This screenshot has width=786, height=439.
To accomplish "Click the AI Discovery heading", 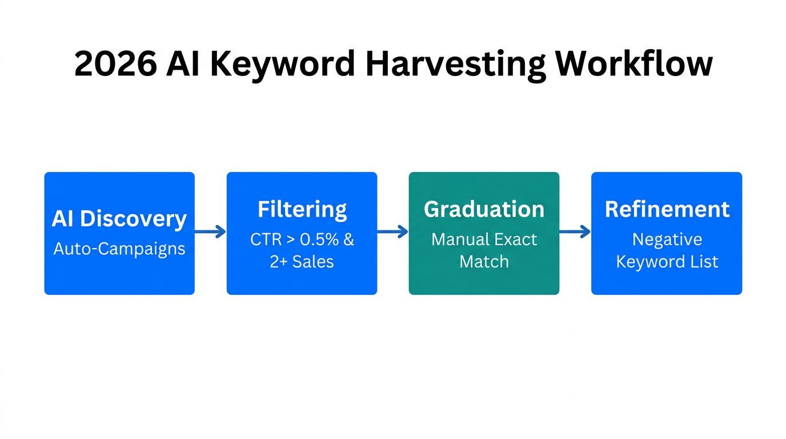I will click(x=119, y=218).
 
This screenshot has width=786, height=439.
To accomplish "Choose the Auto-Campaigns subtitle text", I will click(x=119, y=249).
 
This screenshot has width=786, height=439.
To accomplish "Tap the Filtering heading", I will click(x=302, y=209).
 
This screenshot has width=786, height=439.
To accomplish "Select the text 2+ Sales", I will click(x=302, y=262).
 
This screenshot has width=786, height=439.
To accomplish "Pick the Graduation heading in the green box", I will click(x=484, y=209).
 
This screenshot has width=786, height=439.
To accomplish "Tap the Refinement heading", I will click(x=667, y=209).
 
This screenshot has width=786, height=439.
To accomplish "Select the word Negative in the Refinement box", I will click(x=667, y=240).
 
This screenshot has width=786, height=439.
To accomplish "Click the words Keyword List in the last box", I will click(x=667, y=262).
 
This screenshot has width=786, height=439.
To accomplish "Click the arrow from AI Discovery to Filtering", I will click(x=210, y=232).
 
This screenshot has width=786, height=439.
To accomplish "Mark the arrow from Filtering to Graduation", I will click(x=392, y=232).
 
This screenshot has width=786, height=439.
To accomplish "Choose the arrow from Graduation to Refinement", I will click(x=575, y=232).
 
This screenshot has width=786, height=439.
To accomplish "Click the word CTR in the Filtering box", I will click(x=266, y=240).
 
